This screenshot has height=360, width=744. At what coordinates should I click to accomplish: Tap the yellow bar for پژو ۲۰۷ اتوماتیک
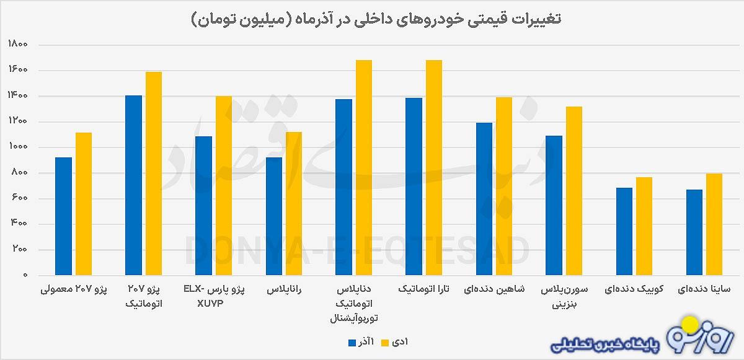(x=153, y=173)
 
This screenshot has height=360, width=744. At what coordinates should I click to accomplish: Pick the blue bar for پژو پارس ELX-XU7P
(x=203, y=206)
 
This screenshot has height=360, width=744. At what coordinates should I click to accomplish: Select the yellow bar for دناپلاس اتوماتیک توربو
(x=363, y=167)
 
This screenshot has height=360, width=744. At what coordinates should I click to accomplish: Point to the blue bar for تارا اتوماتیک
(x=414, y=186)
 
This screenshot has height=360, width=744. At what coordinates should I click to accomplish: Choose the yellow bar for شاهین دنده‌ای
(x=503, y=186)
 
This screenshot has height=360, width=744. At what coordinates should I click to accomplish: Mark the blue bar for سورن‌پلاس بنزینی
(x=554, y=205)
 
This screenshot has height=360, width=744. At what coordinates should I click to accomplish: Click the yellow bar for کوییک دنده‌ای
(x=644, y=226)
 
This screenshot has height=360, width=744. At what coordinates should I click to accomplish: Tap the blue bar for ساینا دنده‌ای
(x=694, y=232)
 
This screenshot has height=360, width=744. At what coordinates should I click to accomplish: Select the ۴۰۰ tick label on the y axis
(x=17, y=224)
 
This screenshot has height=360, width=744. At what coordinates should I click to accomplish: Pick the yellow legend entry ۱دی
(x=394, y=341)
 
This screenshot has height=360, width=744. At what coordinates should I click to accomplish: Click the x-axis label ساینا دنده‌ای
(x=704, y=289)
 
